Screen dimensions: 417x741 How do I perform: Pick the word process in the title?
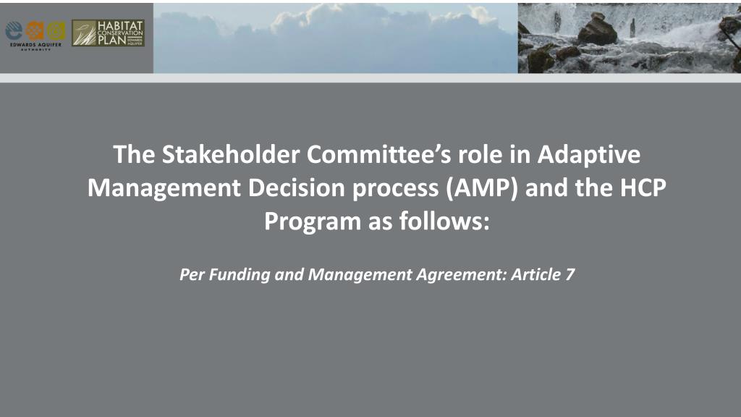397,189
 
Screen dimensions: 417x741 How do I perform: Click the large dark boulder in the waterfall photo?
598,30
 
